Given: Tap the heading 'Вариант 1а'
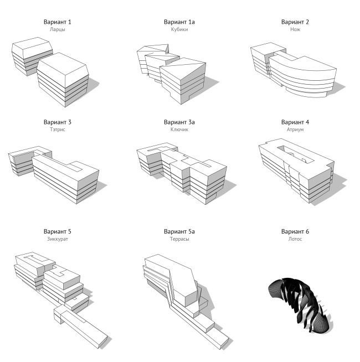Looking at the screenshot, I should [x=179, y=22].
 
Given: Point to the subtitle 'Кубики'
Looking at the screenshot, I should [x=179, y=29].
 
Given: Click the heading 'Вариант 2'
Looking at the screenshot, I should [x=295, y=22].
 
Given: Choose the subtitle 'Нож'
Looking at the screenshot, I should [x=295, y=29].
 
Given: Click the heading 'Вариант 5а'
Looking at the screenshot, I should [x=179, y=231].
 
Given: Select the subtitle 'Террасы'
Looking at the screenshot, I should [x=179, y=239].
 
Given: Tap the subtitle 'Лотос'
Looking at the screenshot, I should [x=295, y=239].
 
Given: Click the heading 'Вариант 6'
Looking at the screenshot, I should [x=295, y=231].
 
